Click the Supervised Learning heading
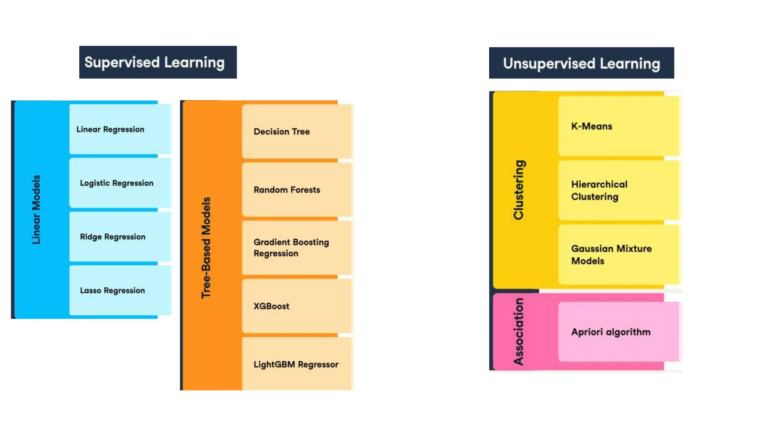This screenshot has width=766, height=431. (x=157, y=62)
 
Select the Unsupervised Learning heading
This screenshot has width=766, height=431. (x=581, y=63)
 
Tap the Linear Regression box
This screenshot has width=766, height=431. (x=120, y=129)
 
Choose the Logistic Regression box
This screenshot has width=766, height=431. (x=120, y=183)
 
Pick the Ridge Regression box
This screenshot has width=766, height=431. (x=120, y=237)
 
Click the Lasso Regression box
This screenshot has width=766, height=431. (x=120, y=290)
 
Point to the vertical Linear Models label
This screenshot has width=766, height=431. (x=36, y=210)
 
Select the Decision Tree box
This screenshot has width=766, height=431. (x=296, y=131)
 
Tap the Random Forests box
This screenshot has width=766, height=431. (x=296, y=190)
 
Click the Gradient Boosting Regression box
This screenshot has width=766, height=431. (x=296, y=248)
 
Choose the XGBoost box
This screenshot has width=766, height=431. (x=296, y=306)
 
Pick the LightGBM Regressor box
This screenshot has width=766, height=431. (x=296, y=364)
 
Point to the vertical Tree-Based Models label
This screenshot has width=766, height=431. (x=206, y=248)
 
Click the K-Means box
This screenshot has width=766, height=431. (x=618, y=126)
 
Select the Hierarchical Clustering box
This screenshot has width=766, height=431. (x=618, y=190)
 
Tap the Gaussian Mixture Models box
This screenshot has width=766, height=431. (x=618, y=255)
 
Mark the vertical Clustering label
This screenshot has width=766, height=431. (x=519, y=190)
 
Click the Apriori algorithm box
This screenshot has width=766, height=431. (x=618, y=332)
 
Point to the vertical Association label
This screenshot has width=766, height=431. (x=519, y=331)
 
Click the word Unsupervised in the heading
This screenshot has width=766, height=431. (x=549, y=64)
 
